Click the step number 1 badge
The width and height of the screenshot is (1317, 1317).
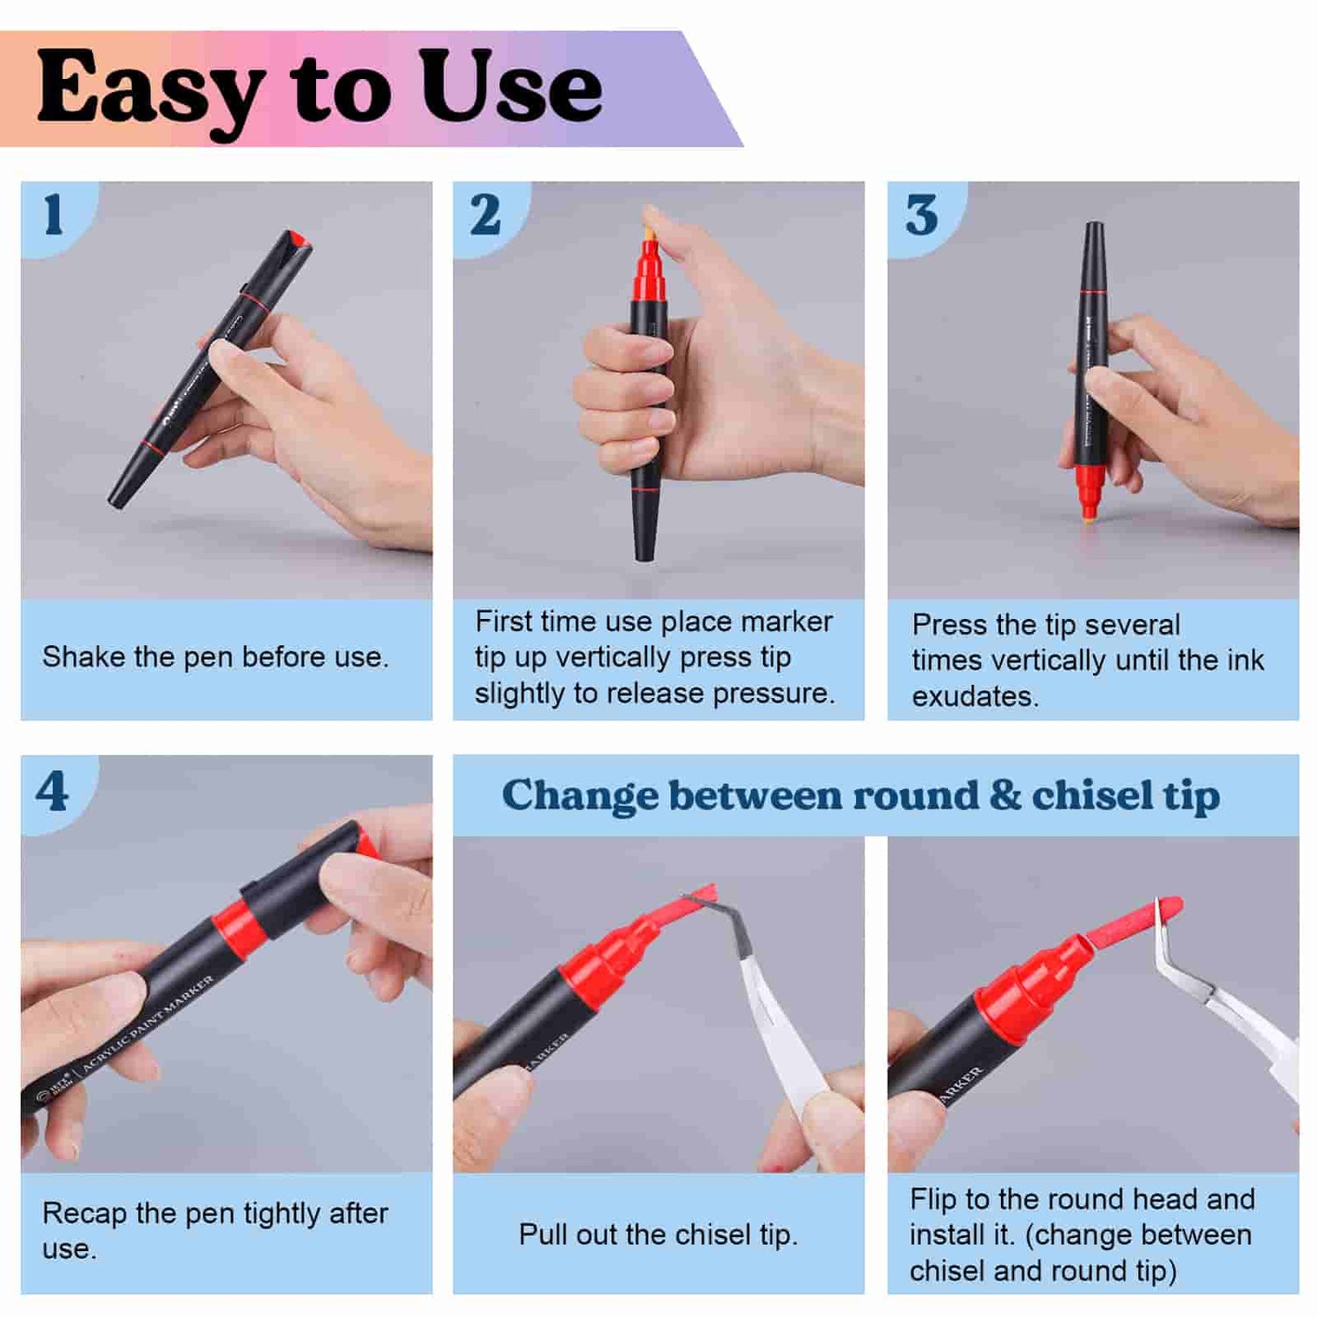[54, 214]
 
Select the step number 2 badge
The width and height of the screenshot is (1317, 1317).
[486, 214]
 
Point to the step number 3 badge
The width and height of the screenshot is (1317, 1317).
[921, 214]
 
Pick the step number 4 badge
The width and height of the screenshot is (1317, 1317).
[53, 791]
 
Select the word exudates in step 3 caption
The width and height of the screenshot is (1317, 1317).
[975, 696]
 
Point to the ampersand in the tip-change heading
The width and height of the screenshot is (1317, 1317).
[1004, 795]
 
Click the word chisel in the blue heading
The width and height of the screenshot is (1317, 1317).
[1092, 795]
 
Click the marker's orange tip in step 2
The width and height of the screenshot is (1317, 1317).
[650, 233]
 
